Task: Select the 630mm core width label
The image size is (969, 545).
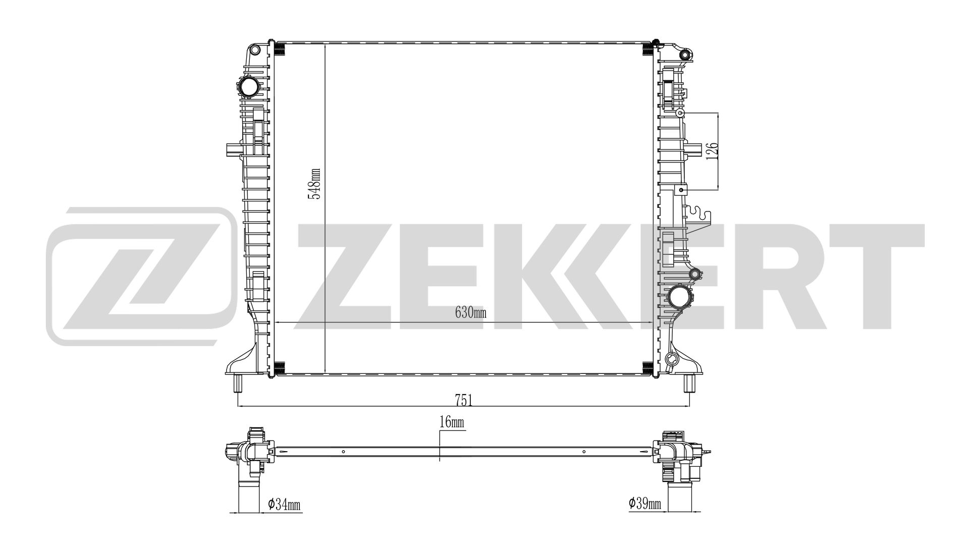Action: point(470,313)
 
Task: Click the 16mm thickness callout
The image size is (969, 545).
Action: point(452,423)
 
